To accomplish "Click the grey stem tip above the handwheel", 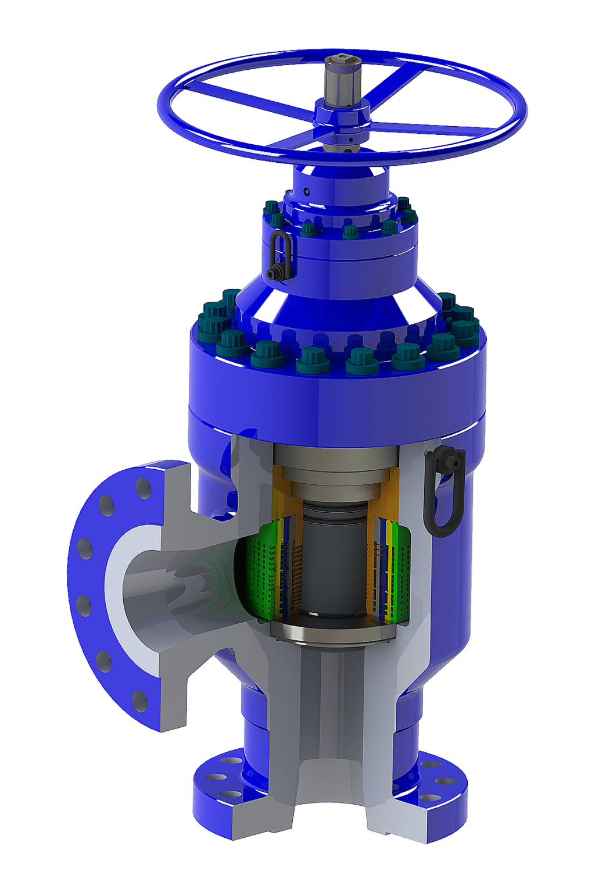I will (340, 78).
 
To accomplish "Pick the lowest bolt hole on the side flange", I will (139, 701).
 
